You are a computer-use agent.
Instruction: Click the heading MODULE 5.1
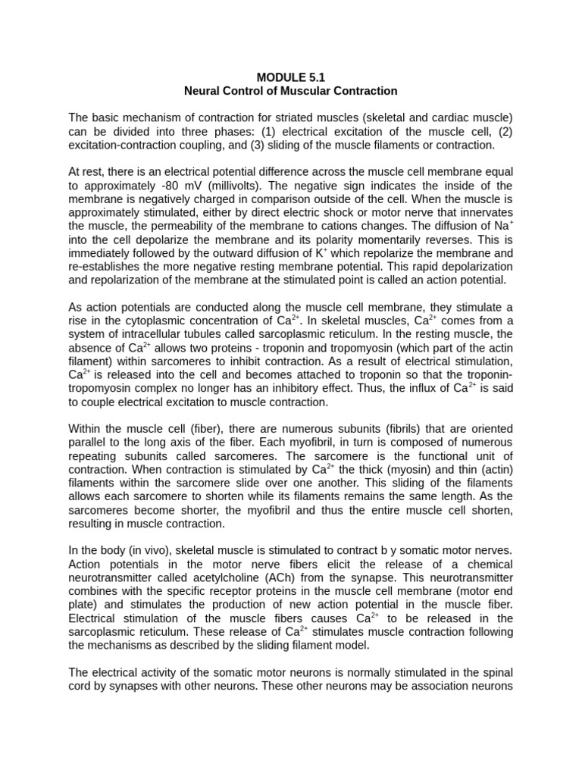(x=290, y=77)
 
